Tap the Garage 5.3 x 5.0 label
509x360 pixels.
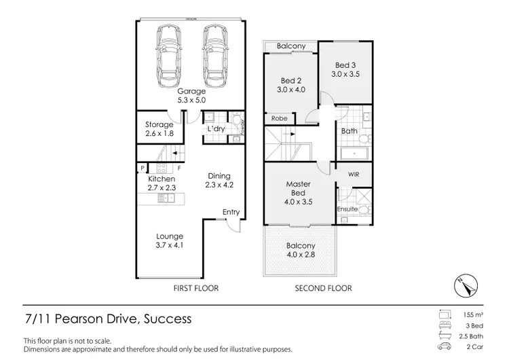(x=191, y=95)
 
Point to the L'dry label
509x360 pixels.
(x=216, y=128)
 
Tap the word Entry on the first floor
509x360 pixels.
(x=231, y=212)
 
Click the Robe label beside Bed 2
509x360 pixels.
(x=279, y=118)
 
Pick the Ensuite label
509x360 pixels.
(x=347, y=209)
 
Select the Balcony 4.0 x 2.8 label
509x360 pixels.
(x=301, y=250)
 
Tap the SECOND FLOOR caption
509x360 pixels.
(x=323, y=288)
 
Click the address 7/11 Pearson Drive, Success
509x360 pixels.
(x=108, y=319)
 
